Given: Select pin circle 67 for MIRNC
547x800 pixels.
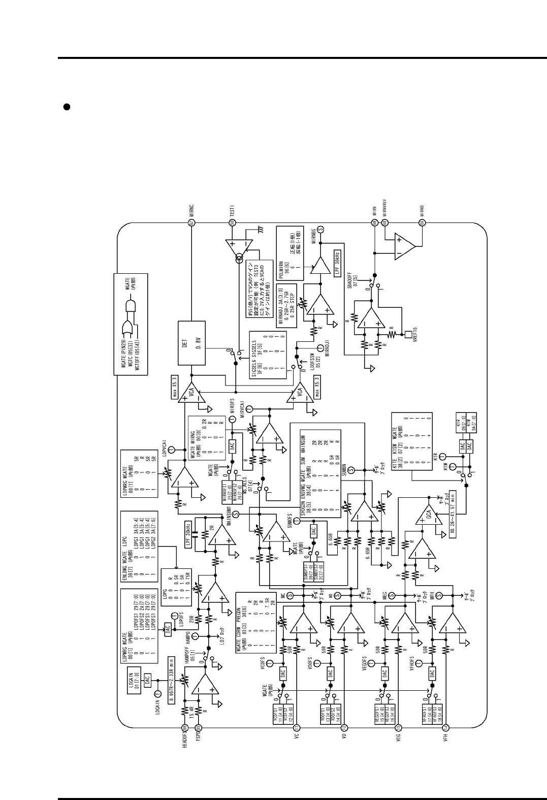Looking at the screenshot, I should tap(192, 222).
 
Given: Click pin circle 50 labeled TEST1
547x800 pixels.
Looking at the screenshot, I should tap(232, 222).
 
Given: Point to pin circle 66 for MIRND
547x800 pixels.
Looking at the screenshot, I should tap(422, 222).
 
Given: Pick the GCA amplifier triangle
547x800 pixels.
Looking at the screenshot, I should tap(425, 519).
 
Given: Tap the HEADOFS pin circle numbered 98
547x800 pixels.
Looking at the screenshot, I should tap(184, 728).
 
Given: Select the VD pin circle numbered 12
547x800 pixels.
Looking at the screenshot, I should tap(344, 728).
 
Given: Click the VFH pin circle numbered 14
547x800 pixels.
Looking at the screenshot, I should tap(445, 728).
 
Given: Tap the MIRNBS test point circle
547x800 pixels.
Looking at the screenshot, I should tap(328, 228).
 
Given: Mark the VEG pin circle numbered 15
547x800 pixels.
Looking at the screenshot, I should tap(398, 728).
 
